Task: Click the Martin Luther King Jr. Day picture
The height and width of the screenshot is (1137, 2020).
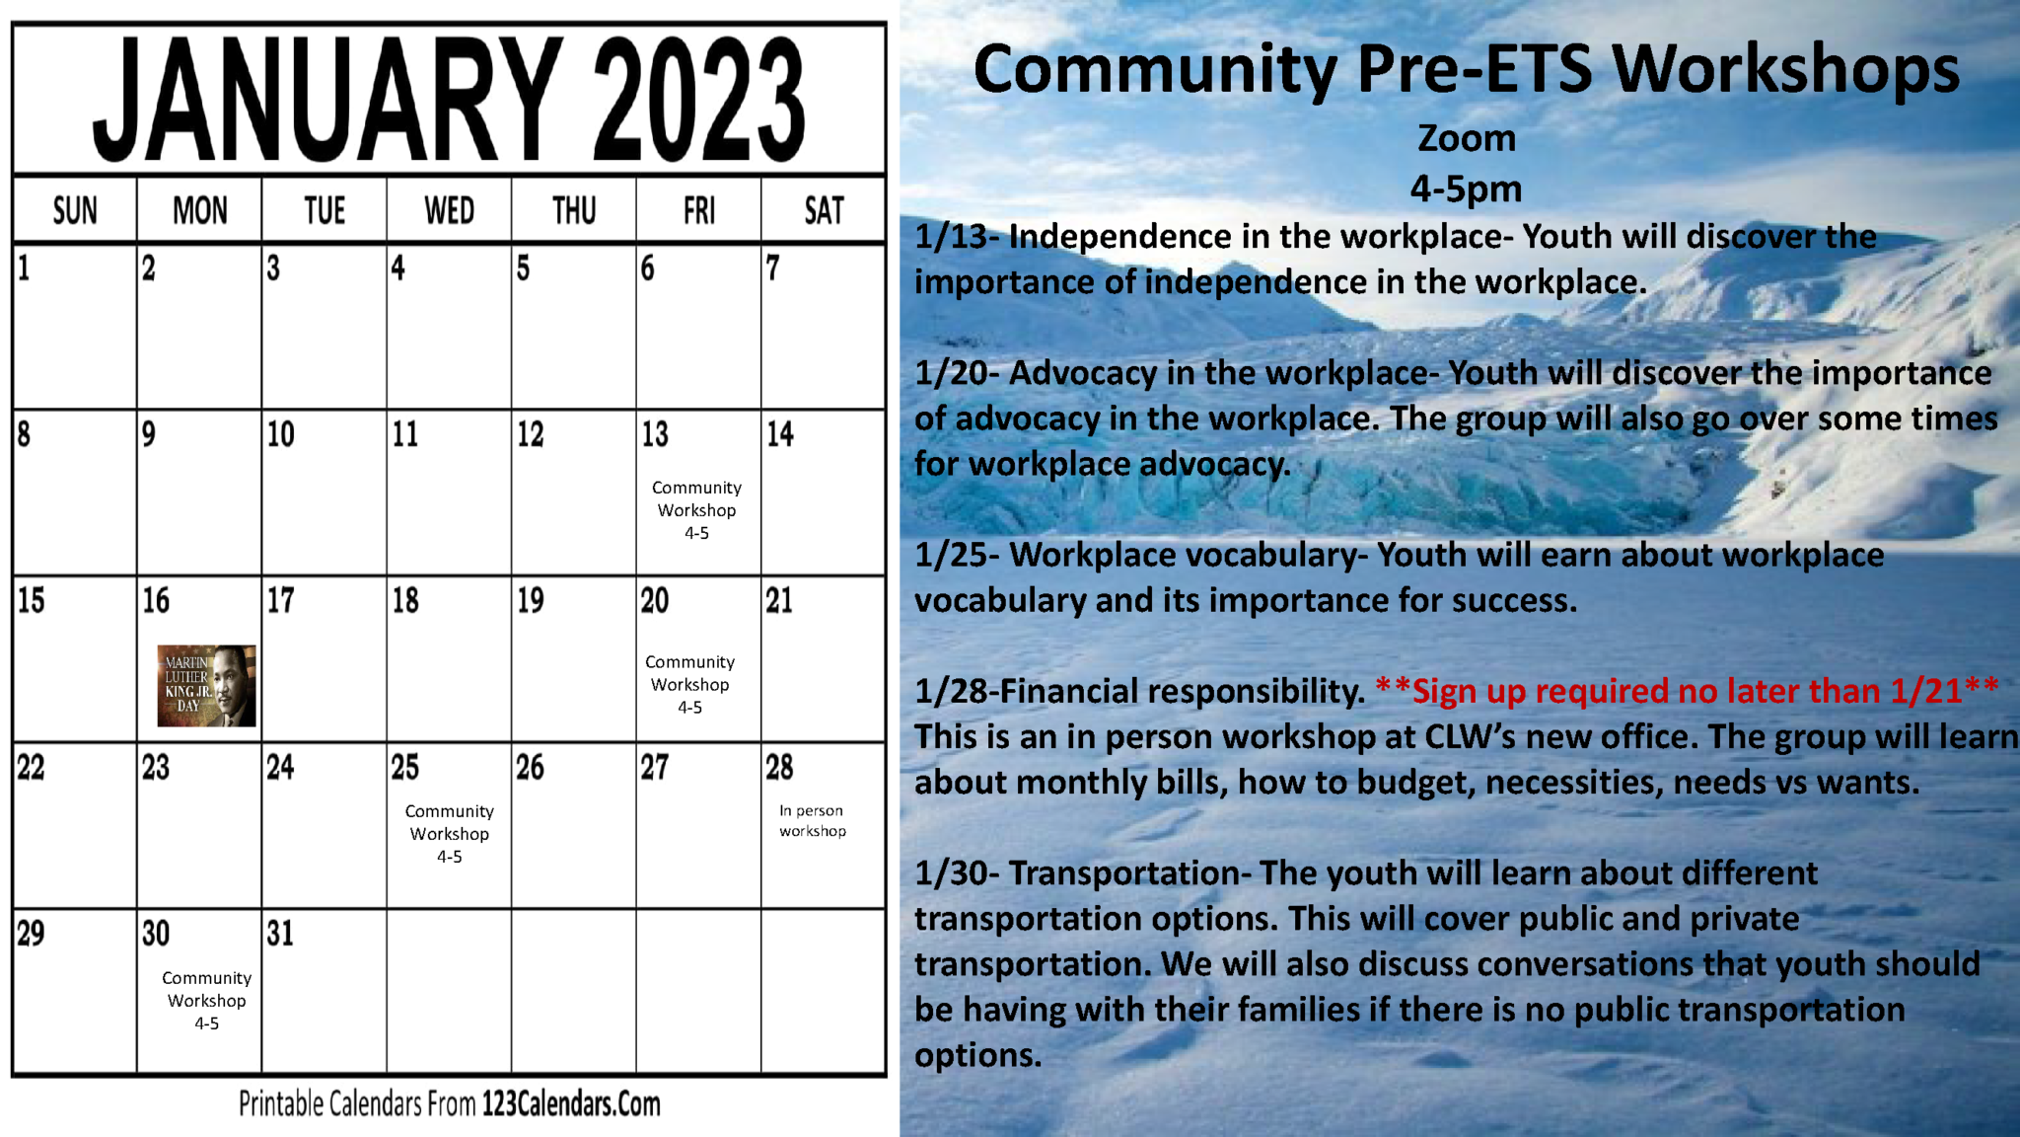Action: point(206,686)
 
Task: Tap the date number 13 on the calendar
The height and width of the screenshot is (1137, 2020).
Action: point(655,434)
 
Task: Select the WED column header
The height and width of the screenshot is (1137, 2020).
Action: point(449,210)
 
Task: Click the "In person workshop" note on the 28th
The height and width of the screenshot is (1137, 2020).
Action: point(813,820)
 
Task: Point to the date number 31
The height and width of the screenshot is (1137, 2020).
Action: point(280,934)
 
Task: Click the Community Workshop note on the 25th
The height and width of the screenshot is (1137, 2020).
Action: point(449,833)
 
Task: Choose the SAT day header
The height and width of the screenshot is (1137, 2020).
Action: point(824,210)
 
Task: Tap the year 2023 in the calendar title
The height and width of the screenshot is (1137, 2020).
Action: point(698,102)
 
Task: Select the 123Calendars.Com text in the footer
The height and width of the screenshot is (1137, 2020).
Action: point(571,1103)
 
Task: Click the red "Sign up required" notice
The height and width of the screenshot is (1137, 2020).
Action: point(1687,691)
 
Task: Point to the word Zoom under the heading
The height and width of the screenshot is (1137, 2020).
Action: point(1467,138)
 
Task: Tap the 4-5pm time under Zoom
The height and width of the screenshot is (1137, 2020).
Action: point(1466,189)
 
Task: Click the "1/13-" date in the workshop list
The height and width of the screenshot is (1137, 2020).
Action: point(957,237)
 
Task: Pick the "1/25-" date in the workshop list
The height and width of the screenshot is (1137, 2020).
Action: point(957,555)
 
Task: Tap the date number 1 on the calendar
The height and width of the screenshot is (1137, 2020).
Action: point(24,268)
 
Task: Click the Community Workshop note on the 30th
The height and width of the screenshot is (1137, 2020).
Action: point(206,1000)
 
